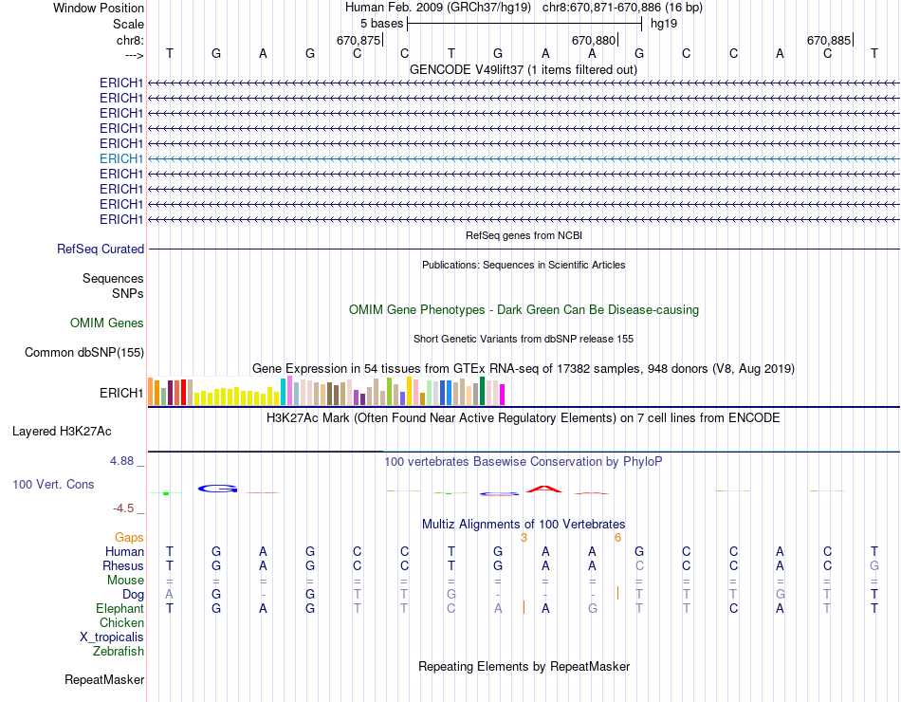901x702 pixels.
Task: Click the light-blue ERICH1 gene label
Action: point(121,158)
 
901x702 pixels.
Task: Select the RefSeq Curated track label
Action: point(101,249)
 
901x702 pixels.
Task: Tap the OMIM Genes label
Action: point(107,323)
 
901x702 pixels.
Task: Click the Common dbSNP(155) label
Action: point(83,353)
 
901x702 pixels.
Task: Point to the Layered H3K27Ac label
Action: point(62,431)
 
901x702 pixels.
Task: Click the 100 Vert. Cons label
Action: point(53,485)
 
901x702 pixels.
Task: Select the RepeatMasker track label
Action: point(104,679)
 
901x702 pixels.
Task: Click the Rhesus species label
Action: point(123,565)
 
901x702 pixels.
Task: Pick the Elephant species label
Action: point(120,608)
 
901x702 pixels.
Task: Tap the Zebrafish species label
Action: point(119,651)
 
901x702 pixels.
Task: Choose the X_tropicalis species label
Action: point(112,637)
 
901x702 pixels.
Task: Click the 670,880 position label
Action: point(594,40)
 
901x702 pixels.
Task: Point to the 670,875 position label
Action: point(359,40)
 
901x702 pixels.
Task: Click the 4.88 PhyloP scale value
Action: point(127,461)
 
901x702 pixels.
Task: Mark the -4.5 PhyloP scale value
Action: point(127,508)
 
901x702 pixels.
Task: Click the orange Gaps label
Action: point(129,537)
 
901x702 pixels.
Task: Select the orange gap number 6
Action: point(617,537)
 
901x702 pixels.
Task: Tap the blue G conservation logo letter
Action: point(217,489)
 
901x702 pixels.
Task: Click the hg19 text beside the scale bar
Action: point(664,23)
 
